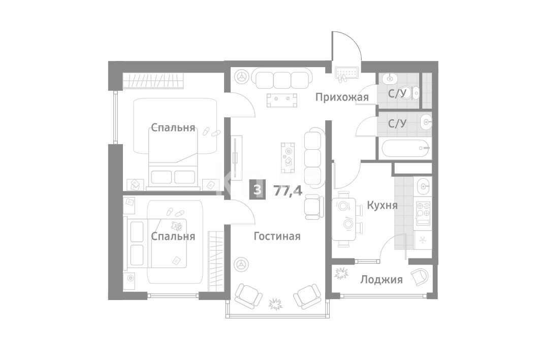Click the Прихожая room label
click(x=342, y=97)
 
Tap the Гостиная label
click(x=277, y=237)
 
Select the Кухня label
click(x=383, y=206)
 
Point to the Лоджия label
click(x=381, y=279)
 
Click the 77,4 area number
click(x=288, y=190)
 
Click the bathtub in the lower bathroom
click(x=406, y=149)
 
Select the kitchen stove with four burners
click(x=423, y=209)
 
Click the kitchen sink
click(x=423, y=187)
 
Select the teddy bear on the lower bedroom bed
click(x=177, y=226)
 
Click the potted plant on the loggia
click(x=341, y=274)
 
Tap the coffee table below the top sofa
click(x=282, y=100)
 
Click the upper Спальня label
click(x=173, y=127)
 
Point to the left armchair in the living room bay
click(x=247, y=296)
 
